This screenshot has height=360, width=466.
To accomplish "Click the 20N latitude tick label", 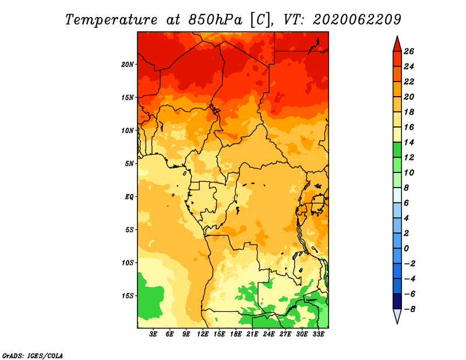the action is pos(128,65).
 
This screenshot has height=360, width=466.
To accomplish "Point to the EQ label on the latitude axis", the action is pos(129,197).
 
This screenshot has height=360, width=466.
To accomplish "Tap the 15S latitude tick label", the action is pos(128,296).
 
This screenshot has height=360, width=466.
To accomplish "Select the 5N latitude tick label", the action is pos(129,164).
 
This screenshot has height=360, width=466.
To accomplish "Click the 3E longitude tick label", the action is pos(153,334).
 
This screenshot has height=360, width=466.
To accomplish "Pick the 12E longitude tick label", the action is pos(203,334).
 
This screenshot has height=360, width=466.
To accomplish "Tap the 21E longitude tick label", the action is pos(252,334).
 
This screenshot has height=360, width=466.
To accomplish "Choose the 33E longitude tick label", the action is pos(318,334).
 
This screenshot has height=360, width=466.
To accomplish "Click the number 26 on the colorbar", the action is pos(409,51).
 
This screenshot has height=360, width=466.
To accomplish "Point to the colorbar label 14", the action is pos(409,142).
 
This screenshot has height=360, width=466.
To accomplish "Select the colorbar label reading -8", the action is pos(409,309).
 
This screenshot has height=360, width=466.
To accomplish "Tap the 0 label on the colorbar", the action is pos(406,249).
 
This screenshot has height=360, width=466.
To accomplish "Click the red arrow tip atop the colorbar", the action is pos(397,37).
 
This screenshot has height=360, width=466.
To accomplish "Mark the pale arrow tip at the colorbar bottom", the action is pos(397,323).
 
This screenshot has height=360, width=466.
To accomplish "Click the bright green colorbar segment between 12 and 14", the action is pos(397,150).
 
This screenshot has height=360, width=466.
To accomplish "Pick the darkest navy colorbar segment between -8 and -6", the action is pos(397,301).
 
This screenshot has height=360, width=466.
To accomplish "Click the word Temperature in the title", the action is pos(111,20).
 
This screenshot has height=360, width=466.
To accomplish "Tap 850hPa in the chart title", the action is pos(216,20).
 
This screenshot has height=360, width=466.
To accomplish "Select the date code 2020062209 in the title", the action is pos(357,20).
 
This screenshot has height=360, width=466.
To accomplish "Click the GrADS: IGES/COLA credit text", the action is pos(33,355).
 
